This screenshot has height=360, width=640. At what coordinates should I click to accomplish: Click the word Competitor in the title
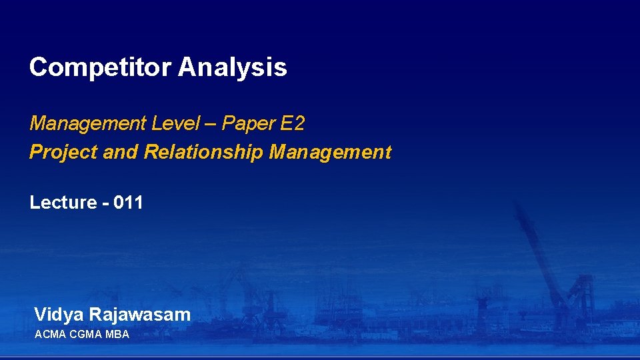click(x=101, y=67)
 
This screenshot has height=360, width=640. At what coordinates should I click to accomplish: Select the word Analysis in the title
click(x=233, y=67)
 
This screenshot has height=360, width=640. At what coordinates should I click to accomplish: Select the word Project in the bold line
click(x=64, y=153)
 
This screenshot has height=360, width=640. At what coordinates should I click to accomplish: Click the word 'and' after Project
click(x=121, y=153)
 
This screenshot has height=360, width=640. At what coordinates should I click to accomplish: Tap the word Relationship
click(x=204, y=153)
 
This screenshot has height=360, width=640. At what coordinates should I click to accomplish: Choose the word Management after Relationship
click(x=330, y=153)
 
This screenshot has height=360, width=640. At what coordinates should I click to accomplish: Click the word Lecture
click(x=63, y=203)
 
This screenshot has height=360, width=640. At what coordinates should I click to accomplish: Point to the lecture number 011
click(x=129, y=203)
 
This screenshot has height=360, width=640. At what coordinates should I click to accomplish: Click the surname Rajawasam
click(x=140, y=315)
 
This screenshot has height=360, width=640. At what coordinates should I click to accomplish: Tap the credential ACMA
click(x=50, y=334)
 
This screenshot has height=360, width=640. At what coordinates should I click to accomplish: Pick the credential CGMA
click(x=85, y=334)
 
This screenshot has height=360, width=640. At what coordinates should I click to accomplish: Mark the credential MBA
click(x=116, y=334)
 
